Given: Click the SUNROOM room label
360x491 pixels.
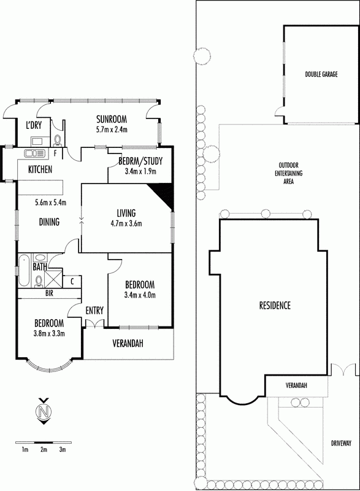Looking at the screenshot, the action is (x=112, y=119).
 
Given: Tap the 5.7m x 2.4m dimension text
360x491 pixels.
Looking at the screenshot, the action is (x=112, y=130).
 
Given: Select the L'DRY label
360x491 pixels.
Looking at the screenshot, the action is (x=34, y=125).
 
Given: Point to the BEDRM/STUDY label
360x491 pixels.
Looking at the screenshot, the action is (x=140, y=161).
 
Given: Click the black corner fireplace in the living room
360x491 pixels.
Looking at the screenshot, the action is (x=163, y=195).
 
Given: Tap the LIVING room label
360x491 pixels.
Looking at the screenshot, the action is (x=126, y=213).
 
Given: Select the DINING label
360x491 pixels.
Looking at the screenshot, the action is (x=49, y=222).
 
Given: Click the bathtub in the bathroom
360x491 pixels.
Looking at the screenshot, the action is (x=24, y=271).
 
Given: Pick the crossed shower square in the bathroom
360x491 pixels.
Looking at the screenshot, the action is (x=53, y=279).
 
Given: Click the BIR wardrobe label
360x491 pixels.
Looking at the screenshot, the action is (x=49, y=293).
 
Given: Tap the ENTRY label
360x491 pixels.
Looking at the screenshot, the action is (x=94, y=311).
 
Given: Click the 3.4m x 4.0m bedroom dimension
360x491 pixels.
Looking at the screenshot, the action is (x=140, y=295).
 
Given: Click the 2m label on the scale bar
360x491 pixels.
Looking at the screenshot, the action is (x=44, y=450).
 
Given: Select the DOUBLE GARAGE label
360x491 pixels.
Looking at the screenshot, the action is (x=321, y=74).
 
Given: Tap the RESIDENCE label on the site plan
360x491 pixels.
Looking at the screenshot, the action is (x=275, y=305).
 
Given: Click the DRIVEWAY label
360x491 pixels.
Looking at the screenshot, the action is (x=341, y=443).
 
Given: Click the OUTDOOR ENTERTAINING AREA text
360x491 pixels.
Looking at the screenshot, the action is (x=288, y=173).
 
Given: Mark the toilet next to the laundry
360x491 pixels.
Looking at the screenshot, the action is (x=58, y=140).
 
